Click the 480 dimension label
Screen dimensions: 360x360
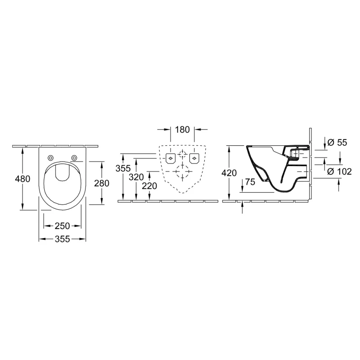22,179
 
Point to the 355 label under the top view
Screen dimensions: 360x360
63,239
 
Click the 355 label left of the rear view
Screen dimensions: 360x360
123,169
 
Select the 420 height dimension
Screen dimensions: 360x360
230,173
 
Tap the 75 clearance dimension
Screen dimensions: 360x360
250,182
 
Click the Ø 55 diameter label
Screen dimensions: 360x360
337,142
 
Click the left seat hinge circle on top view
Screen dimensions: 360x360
50,157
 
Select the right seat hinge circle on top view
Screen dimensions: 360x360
74,157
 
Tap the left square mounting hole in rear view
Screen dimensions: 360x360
171,158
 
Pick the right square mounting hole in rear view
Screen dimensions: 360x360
194,158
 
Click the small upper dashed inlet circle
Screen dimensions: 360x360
182,155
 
